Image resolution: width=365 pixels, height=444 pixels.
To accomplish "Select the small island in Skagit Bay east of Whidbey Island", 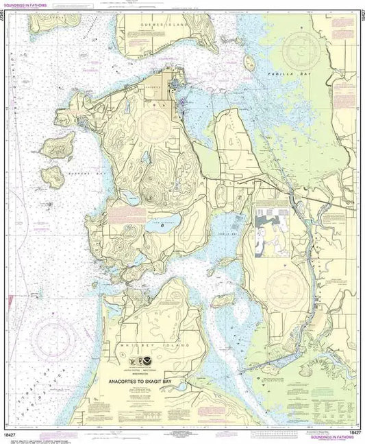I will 221,300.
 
